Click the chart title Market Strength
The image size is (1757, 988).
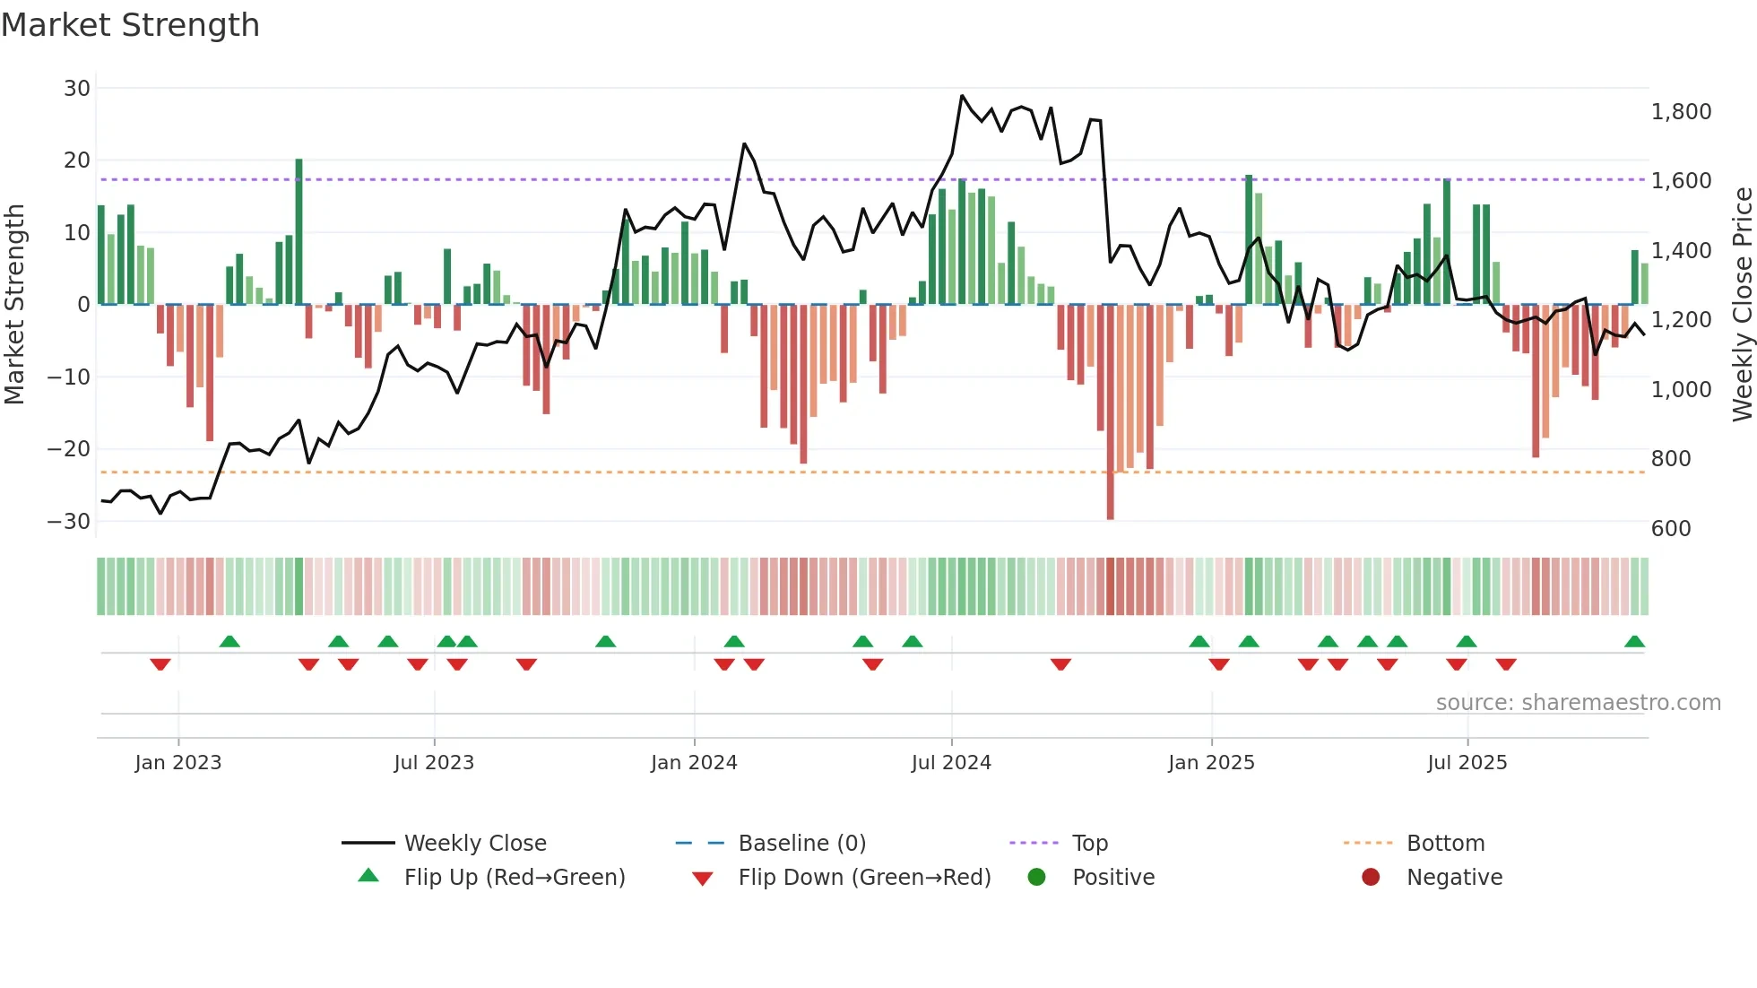[130, 25]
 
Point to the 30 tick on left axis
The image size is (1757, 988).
[77, 88]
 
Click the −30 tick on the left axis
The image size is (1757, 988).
[69, 521]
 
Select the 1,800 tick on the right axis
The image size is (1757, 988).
[1681, 112]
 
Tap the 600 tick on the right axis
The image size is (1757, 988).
[1671, 528]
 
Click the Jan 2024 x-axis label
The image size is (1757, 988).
[694, 762]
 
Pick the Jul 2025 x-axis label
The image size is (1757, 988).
[1467, 762]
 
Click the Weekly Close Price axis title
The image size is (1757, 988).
[1742, 305]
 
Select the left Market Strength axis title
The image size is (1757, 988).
[15, 305]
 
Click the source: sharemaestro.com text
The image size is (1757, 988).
[1578, 702]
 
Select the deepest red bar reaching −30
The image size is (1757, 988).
[1111, 412]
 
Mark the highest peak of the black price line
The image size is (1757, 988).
[962, 95]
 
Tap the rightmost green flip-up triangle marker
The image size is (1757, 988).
[1634, 641]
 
